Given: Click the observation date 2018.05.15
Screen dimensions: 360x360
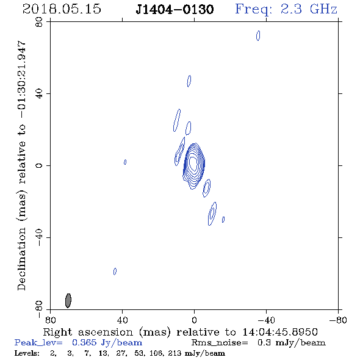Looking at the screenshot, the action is click(62, 9).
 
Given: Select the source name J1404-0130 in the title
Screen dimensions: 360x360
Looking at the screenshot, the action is click(175, 10).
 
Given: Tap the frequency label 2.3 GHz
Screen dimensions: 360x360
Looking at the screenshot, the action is click(309, 9).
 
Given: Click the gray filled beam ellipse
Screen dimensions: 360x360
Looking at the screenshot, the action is click(68, 301).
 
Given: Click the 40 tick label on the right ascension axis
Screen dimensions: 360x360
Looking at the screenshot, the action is click(122, 320).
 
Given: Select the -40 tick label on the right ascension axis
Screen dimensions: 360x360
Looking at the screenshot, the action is click(266, 320).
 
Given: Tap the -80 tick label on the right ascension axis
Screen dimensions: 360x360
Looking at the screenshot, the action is click(338, 320).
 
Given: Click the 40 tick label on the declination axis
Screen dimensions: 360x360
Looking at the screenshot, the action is click(39, 94).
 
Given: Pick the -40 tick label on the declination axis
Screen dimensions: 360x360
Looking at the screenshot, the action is click(39, 237).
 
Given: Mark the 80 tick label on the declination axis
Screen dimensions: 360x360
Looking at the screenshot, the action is click(39, 22).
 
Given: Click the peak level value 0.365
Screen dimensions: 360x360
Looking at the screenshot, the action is click(84, 342).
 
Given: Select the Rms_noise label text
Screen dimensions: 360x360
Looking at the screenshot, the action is click(220, 343).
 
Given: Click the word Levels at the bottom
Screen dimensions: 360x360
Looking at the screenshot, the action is click(27, 353).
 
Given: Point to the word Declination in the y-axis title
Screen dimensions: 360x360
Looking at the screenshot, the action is click(21, 259).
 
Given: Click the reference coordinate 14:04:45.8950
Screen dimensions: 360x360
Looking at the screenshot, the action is click(280, 332).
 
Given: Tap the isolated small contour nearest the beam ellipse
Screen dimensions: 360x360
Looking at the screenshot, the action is click(114, 272).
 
